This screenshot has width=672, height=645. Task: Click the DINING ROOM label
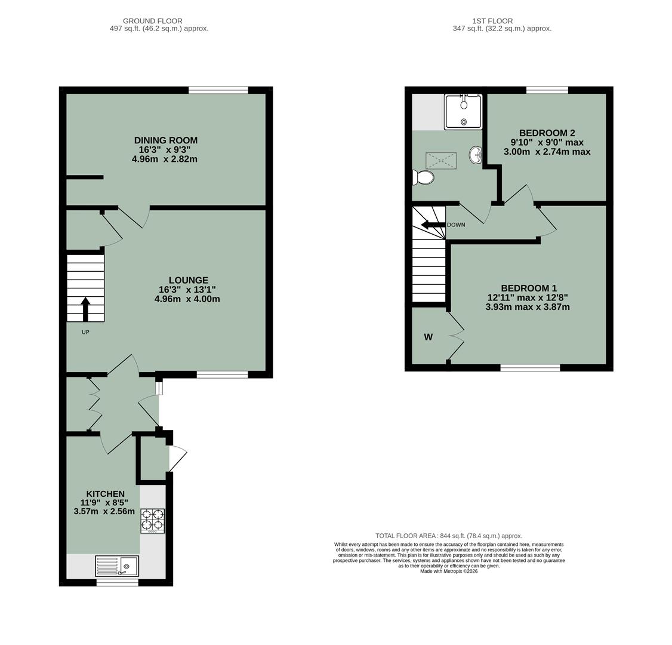[x=165, y=140]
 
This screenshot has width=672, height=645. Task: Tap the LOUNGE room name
[x=188, y=280]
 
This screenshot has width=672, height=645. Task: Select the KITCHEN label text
[x=105, y=494]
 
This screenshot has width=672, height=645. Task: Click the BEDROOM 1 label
[x=528, y=288]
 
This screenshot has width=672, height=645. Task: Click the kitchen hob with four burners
[x=153, y=520]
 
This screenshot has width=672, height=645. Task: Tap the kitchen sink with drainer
[x=117, y=566]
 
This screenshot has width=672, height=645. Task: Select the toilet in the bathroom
[x=423, y=177]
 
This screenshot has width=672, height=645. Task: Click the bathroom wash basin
[x=476, y=155]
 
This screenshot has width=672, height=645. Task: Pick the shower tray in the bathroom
[x=463, y=112]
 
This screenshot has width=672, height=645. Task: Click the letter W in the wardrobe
[x=428, y=337]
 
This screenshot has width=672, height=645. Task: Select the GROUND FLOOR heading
[x=153, y=21]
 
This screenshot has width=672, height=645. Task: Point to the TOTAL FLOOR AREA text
[x=448, y=536]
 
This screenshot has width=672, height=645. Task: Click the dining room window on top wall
[x=218, y=90]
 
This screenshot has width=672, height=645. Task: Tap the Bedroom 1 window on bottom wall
[x=530, y=367]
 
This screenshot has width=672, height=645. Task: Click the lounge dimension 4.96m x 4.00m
[x=187, y=299]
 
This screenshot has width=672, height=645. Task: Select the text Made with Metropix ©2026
[x=449, y=571]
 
